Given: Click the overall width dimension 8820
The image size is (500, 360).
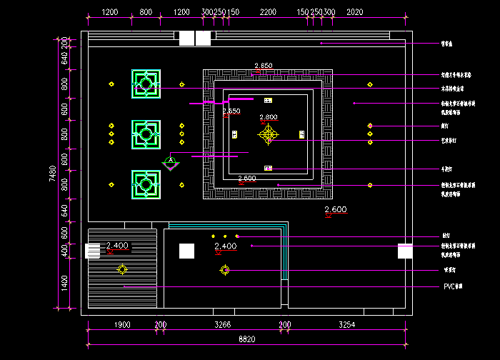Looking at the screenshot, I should pyautogui.click(x=246, y=340).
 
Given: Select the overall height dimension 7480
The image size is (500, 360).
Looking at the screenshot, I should pyautogui.click(x=53, y=173).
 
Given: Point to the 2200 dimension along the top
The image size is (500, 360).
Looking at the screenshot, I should pyautogui.click(x=269, y=13).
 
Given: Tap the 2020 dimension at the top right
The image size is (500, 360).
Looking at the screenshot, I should pyautogui.click(x=354, y=13).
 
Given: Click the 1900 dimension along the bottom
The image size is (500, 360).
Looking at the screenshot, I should pyautogui.click(x=122, y=325).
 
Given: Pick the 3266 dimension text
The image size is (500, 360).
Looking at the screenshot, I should pyautogui.click(x=223, y=325).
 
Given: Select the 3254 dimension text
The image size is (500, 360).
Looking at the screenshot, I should pyautogui.click(x=346, y=325).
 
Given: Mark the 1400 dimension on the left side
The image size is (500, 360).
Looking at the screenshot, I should pyautogui.click(x=64, y=283).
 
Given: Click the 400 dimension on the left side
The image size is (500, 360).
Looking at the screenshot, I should pyautogui.click(x=64, y=251).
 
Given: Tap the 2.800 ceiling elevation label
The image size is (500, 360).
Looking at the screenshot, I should pyautogui.click(x=269, y=117).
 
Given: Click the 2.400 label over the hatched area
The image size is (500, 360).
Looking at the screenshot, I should pyautogui.click(x=117, y=246).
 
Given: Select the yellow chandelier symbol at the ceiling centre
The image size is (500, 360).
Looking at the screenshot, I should pyautogui.click(x=269, y=134).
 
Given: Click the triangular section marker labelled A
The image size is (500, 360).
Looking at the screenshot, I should pyautogui.click(x=170, y=163).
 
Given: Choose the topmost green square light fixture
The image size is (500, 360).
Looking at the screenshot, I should pyautogui.click(x=146, y=84).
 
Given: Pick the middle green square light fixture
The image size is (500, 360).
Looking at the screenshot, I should pyautogui.click(x=146, y=134).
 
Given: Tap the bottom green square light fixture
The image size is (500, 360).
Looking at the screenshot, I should pyautogui.click(x=146, y=184).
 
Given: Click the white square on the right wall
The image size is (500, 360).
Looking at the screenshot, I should pyautogui.click(x=405, y=251).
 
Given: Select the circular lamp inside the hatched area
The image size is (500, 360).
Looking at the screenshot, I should pyautogui.click(x=123, y=269).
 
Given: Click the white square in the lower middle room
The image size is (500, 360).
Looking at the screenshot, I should pyautogui.click(x=186, y=251).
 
